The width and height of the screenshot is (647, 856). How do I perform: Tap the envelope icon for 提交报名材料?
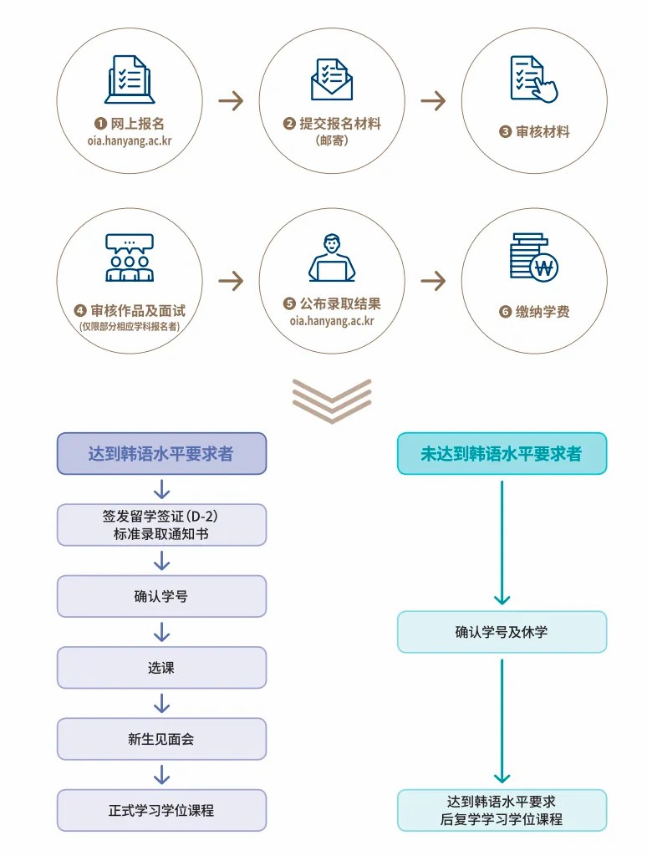click(x=332, y=79)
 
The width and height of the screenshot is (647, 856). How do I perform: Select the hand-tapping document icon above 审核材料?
click(x=534, y=79)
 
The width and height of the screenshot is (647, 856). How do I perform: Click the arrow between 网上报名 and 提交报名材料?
click(x=231, y=102)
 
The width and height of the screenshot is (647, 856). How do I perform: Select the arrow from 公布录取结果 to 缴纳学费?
click(x=433, y=280)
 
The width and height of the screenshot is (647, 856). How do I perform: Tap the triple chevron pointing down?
click(x=332, y=400)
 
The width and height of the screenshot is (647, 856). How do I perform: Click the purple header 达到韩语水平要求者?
click(x=161, y=454)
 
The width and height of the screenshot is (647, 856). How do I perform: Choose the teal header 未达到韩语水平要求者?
click(x=502, y=454)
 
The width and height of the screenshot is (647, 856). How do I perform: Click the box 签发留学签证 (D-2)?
click(x=161, y=525)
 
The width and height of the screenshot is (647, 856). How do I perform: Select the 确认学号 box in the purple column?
click(x=161, y=597)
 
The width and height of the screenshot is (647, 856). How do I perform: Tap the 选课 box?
click(x=161, y=668)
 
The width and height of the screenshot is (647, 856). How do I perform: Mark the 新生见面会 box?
click(x=161, y=739)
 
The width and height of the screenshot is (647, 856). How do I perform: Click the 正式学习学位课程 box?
click(x=161, y=810)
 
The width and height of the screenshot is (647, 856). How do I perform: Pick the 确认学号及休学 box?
click(x=502, y=632)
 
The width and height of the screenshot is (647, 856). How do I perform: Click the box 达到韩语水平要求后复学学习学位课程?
click(x=502, y=810)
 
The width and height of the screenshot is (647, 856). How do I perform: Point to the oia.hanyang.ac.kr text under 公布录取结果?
click(x=332, y=320)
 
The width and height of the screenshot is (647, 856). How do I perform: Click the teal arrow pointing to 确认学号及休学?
click(x=502, y=543)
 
